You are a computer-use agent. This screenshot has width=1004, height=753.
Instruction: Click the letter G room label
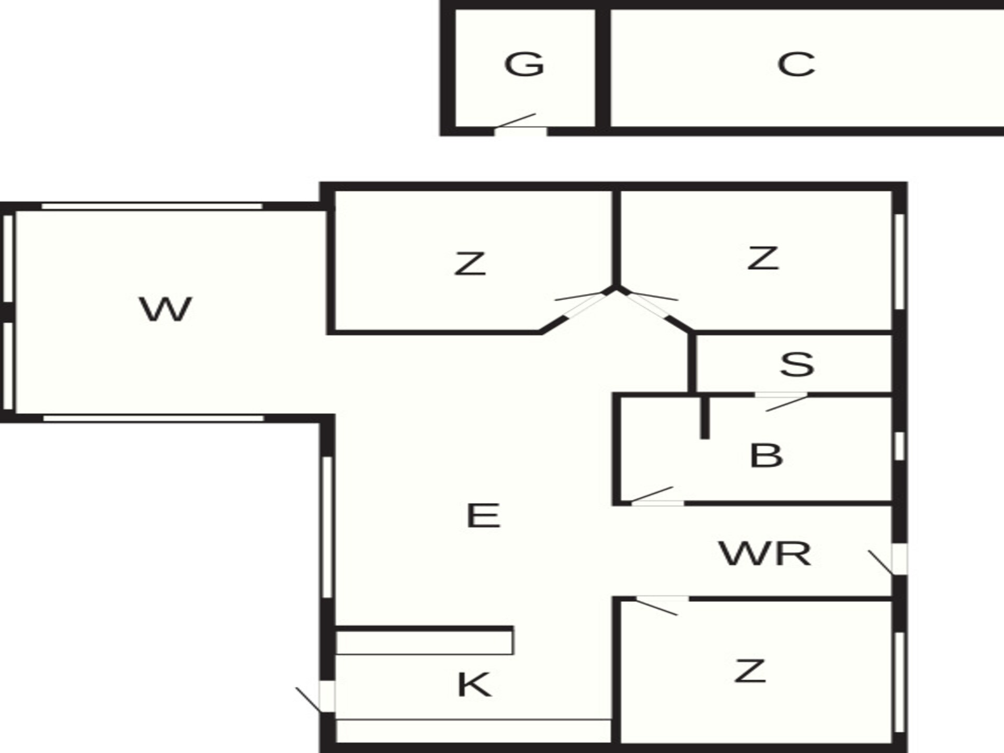[524, 64]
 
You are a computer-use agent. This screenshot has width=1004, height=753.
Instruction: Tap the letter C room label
[796, 64]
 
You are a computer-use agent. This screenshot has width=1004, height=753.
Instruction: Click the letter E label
[483, 515]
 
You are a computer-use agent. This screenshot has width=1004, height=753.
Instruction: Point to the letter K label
[474, 684]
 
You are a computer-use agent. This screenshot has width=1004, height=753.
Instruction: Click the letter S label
[796, 364]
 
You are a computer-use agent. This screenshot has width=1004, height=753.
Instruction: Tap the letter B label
[766, 455]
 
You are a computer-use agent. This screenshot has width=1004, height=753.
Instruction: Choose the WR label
[765, 554]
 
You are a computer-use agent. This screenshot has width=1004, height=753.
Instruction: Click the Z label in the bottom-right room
[750, 671]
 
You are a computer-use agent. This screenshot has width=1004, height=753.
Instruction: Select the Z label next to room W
[470, 264]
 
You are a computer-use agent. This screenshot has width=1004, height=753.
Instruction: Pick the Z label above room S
[763, 258]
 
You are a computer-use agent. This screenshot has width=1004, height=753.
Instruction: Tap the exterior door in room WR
[895, 560]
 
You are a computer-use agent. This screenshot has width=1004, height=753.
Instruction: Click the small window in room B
[899, 446]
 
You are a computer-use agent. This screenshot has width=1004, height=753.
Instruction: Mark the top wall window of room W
[152, 206]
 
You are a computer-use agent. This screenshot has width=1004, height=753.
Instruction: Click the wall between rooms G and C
[603, 69]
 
